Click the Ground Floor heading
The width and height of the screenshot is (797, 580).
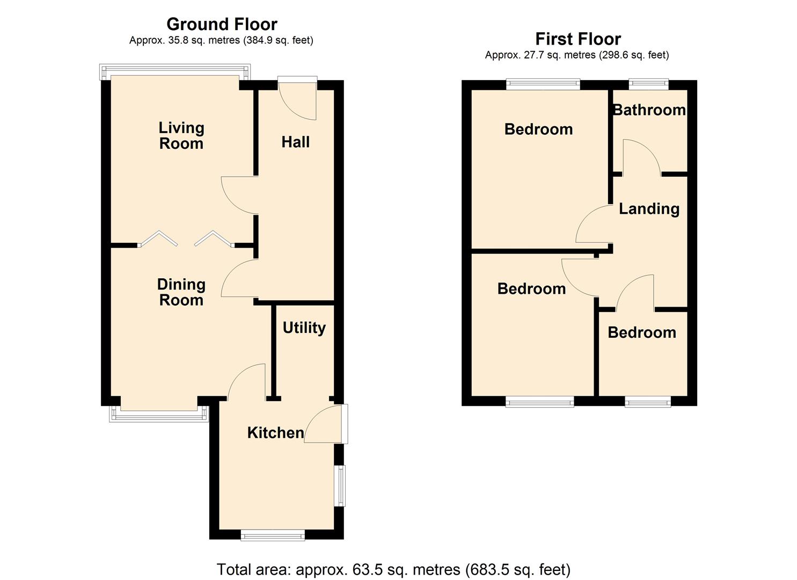[x=222, y=24]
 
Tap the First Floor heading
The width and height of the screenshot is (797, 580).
[x=577, y=39]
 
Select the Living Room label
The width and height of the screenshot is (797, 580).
[x=181, y=135]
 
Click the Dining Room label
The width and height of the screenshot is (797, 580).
[x=181, y=292]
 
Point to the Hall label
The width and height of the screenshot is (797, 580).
[x=296, y=142]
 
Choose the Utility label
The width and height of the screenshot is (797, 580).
[x=304, y=328]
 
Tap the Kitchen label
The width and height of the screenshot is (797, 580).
[x=275, y=432]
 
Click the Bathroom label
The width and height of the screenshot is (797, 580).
[x=649, y=110]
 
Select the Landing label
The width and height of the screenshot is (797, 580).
[x=649, y=208]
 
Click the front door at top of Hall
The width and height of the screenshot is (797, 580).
[x=298, y=98]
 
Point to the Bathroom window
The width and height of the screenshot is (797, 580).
[x=648, y=83]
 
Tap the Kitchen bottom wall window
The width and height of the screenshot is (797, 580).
[x=273, y=535]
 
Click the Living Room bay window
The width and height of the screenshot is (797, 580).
[x=175, y=71]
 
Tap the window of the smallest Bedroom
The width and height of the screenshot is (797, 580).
[x=648, y=401]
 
